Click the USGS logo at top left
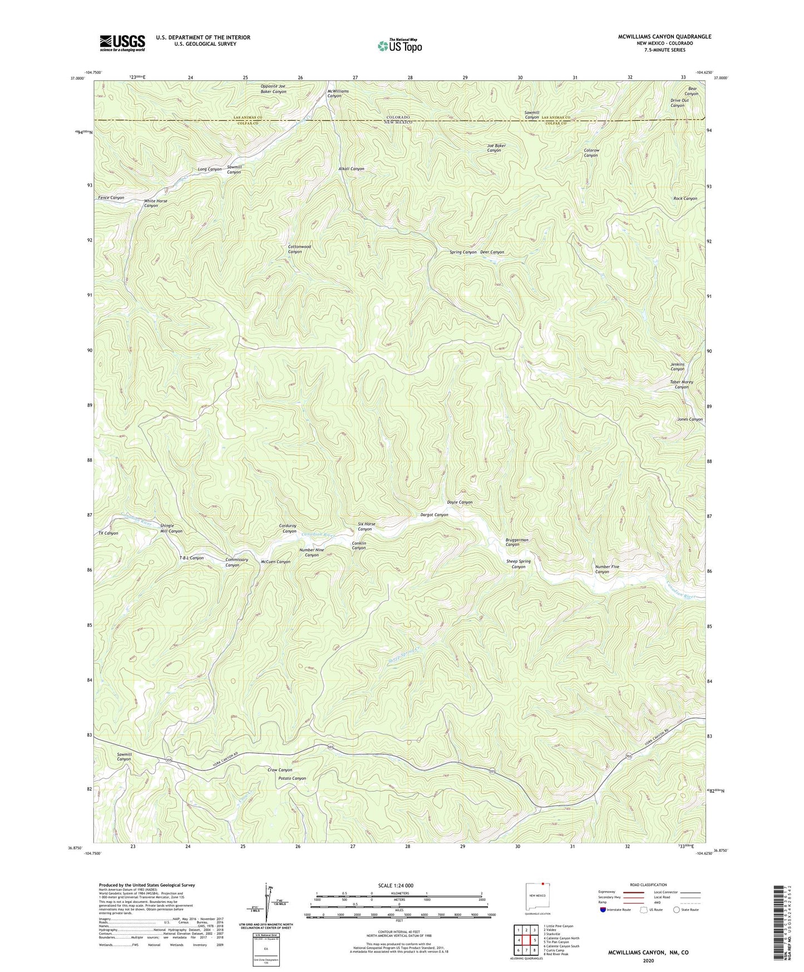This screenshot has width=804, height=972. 122,43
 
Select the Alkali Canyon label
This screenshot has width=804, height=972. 351,169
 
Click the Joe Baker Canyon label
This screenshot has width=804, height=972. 496,148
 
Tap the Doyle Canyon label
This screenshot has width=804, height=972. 460,502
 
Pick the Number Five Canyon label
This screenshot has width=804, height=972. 606,569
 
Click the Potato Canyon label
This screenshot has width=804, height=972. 292,778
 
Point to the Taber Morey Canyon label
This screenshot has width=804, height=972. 681,385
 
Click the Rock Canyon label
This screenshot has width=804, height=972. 685,199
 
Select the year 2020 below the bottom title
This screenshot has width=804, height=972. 648,960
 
